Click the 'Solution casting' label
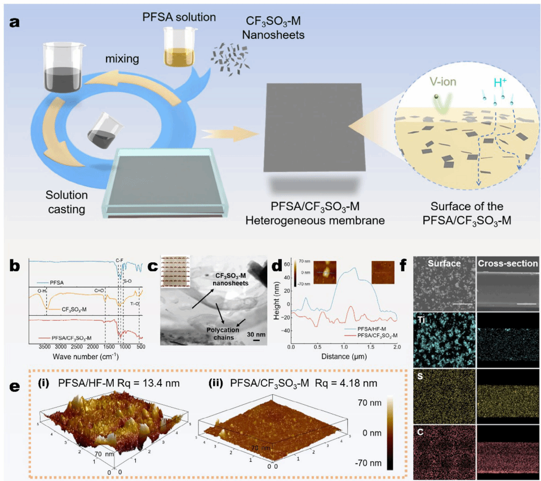coord(67,202)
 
